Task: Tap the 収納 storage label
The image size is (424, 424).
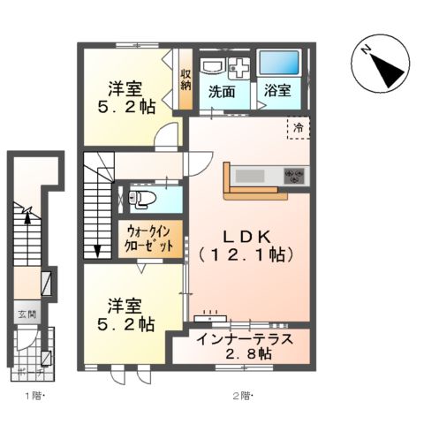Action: tap(186, 79)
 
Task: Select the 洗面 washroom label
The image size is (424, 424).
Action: tap(222, 91)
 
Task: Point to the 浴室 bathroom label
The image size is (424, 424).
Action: tap(277, 91)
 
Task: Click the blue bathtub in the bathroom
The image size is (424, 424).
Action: tap(280, 64)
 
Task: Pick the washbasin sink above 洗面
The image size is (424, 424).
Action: tap(213, 67)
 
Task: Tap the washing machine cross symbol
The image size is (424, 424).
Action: tap(239, 67)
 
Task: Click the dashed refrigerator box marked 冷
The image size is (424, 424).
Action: tap(298, 129)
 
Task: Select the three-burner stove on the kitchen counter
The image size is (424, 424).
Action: tap(293, 176)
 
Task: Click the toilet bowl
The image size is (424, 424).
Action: tap(144, 198)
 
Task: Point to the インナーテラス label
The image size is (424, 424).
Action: tap(240, 338)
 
